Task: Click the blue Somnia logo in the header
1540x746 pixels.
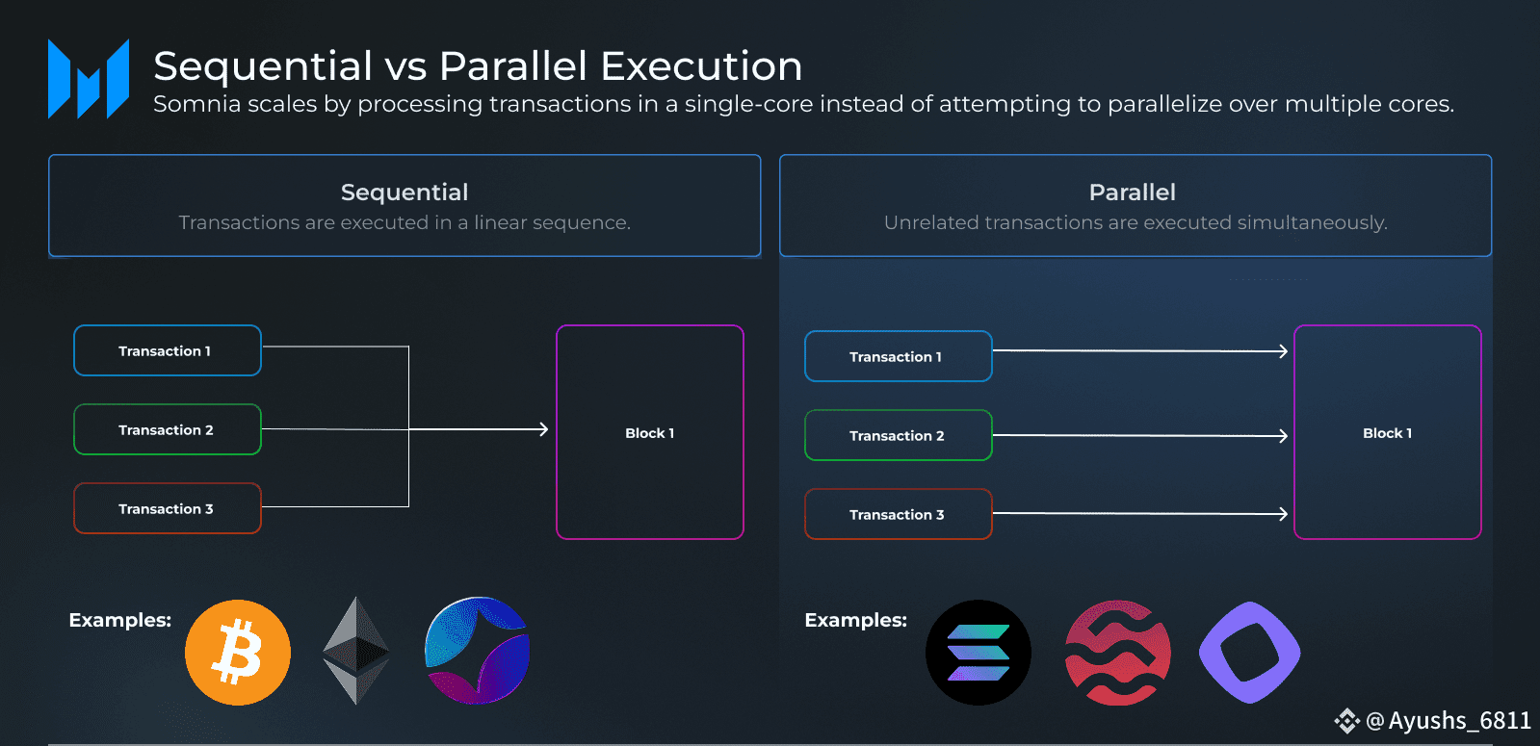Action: pyautogui.click(x=89, y=79)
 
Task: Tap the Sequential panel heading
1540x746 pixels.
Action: pyautogui.click(x=405, y=193)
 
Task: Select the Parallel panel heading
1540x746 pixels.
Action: pyautogui.click(x=1132, y=193)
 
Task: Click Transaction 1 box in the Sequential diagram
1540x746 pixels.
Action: pyautogui.click(x=168, y=351)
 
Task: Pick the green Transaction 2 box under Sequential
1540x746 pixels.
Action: pyautogui.click(x=168, y=430)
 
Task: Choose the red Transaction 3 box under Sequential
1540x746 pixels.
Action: pyautogui.click(x=168, y=509)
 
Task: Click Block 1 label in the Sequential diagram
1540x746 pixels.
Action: pyautogui.click(x=649, y=433)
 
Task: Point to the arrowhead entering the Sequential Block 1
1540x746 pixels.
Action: pyautogui.click(x=543, y=429)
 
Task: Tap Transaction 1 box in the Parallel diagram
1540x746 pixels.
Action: pyautogui.click(x=898, y=357)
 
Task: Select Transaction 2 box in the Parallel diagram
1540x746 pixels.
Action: pyautogui.click(x=898, y=436)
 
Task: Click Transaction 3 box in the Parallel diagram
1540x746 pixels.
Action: pyautogui.click(x=898, y=515)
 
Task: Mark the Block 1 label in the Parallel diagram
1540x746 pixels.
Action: pyautogui.click(x=1387, y=433)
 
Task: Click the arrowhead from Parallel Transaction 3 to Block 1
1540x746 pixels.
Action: pyautogui.click(x=1283, y=514)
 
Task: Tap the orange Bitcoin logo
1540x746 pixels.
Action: pyautogui.click(x=238, y=653)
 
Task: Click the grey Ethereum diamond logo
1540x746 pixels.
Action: pyautogui.click(x=356, y=651)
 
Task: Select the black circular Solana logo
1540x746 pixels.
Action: pyautogui.click(x=979, y=653)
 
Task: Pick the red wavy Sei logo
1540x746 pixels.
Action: pyautogui.click(x=1118, y=653)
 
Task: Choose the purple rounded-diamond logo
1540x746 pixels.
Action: pyautogui.click(x=1250, y=653)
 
